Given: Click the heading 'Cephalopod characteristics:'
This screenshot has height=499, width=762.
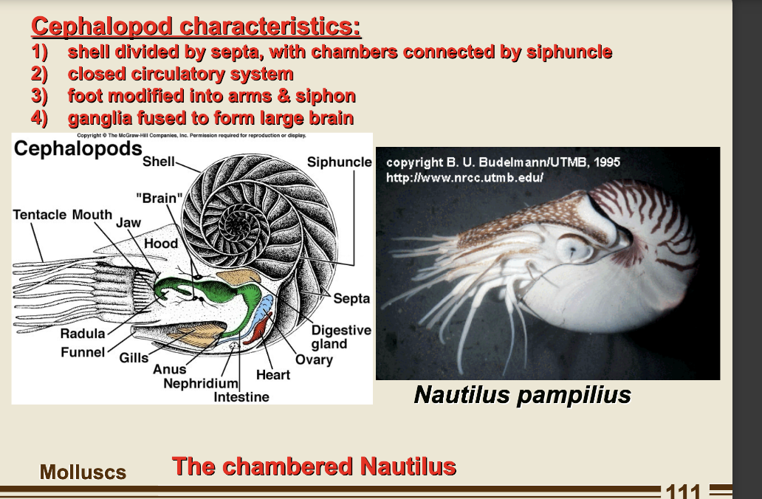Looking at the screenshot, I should click(x=196, y=27).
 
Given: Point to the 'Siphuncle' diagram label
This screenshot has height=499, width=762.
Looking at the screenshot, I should click(x=339, y=162).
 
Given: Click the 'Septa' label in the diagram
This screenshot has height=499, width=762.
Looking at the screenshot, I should click(x=351, y=299).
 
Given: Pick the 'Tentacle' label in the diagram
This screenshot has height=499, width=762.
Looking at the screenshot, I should click(x=41, y=215).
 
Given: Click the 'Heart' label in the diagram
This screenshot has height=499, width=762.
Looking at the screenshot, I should click(x=273, y=375).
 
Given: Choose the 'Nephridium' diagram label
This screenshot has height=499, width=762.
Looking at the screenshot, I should click(x=201, y=384).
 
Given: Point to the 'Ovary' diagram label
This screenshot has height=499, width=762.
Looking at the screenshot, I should click(x=314, y=360).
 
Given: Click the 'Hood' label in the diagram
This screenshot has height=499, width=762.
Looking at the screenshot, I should click(x=161, y=244).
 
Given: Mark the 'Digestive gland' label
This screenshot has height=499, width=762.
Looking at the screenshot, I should click(x=340, y=337).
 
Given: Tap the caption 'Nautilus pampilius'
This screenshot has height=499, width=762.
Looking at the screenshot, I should click(x=522, y=395).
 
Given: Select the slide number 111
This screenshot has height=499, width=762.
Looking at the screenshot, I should click(x=683, y=491).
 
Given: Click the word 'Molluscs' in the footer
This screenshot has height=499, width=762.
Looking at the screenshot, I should click(x=83, y=472).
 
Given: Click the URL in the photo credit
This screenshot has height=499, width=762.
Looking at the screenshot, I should click(x=464, y=179).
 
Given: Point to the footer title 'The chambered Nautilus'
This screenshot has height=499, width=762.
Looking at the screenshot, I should click(x=314, y=467).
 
